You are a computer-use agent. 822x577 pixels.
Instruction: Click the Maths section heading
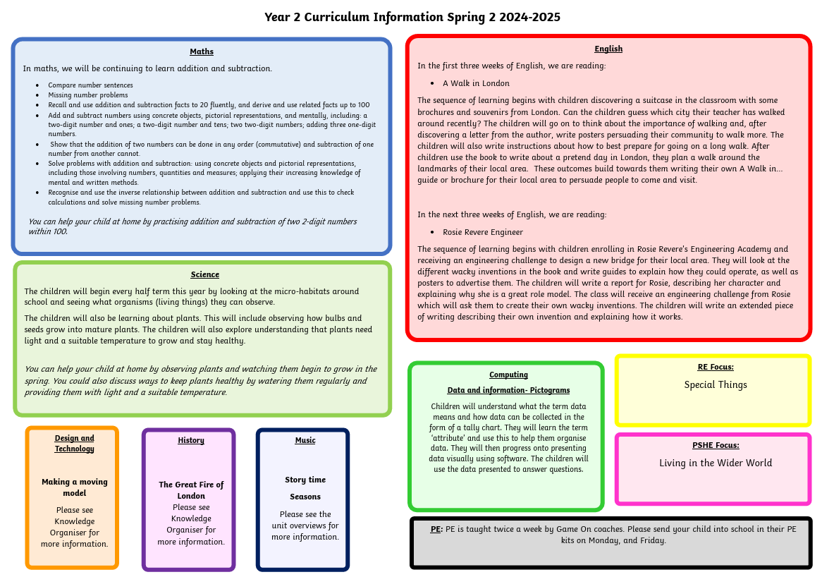tap(202, 51)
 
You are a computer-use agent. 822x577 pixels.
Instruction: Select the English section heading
tap(608, 49)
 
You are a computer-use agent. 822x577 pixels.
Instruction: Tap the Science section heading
tap(204, 274)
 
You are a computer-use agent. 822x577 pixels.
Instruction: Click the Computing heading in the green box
tap(508, 375)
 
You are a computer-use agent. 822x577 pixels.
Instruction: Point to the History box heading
tap(191, 440)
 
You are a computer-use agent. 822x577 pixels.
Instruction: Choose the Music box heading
tap(305, 440)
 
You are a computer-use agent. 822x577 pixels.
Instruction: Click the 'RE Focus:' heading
tap(716, 368)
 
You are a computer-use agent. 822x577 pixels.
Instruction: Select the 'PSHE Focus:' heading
tap(716, 445)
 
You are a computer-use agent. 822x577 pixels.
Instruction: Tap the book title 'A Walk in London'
tap(476, 83)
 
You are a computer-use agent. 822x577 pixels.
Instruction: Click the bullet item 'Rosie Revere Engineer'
tap(483, 232)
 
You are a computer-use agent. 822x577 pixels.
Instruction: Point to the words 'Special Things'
tap(716, 385)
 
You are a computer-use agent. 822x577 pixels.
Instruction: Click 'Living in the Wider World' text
tap(716, 463)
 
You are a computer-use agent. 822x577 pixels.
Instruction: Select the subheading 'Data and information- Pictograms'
tap(508, 390)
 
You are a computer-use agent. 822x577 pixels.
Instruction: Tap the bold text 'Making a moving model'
tap(75, 487)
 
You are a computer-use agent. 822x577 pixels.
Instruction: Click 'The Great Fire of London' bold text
tap(191, 490)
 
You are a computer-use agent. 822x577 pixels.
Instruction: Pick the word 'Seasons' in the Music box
tap(305, 497)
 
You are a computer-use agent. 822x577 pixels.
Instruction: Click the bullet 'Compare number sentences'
tap(90, 85)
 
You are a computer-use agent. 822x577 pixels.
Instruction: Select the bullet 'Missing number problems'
tap(88, 95)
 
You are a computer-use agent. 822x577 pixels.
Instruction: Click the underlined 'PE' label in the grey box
tap(436, 529)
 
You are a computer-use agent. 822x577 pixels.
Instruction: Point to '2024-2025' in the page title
tap(529, 18)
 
